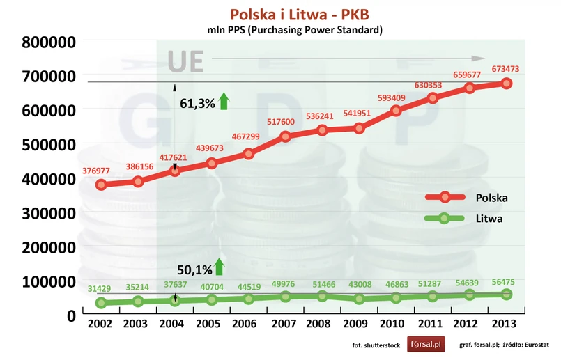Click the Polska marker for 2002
click(x=101, y=185)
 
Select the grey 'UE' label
click(x=185, y=61)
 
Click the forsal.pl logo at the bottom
click(x=426, y=344)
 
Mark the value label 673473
click(x=506, y=69)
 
